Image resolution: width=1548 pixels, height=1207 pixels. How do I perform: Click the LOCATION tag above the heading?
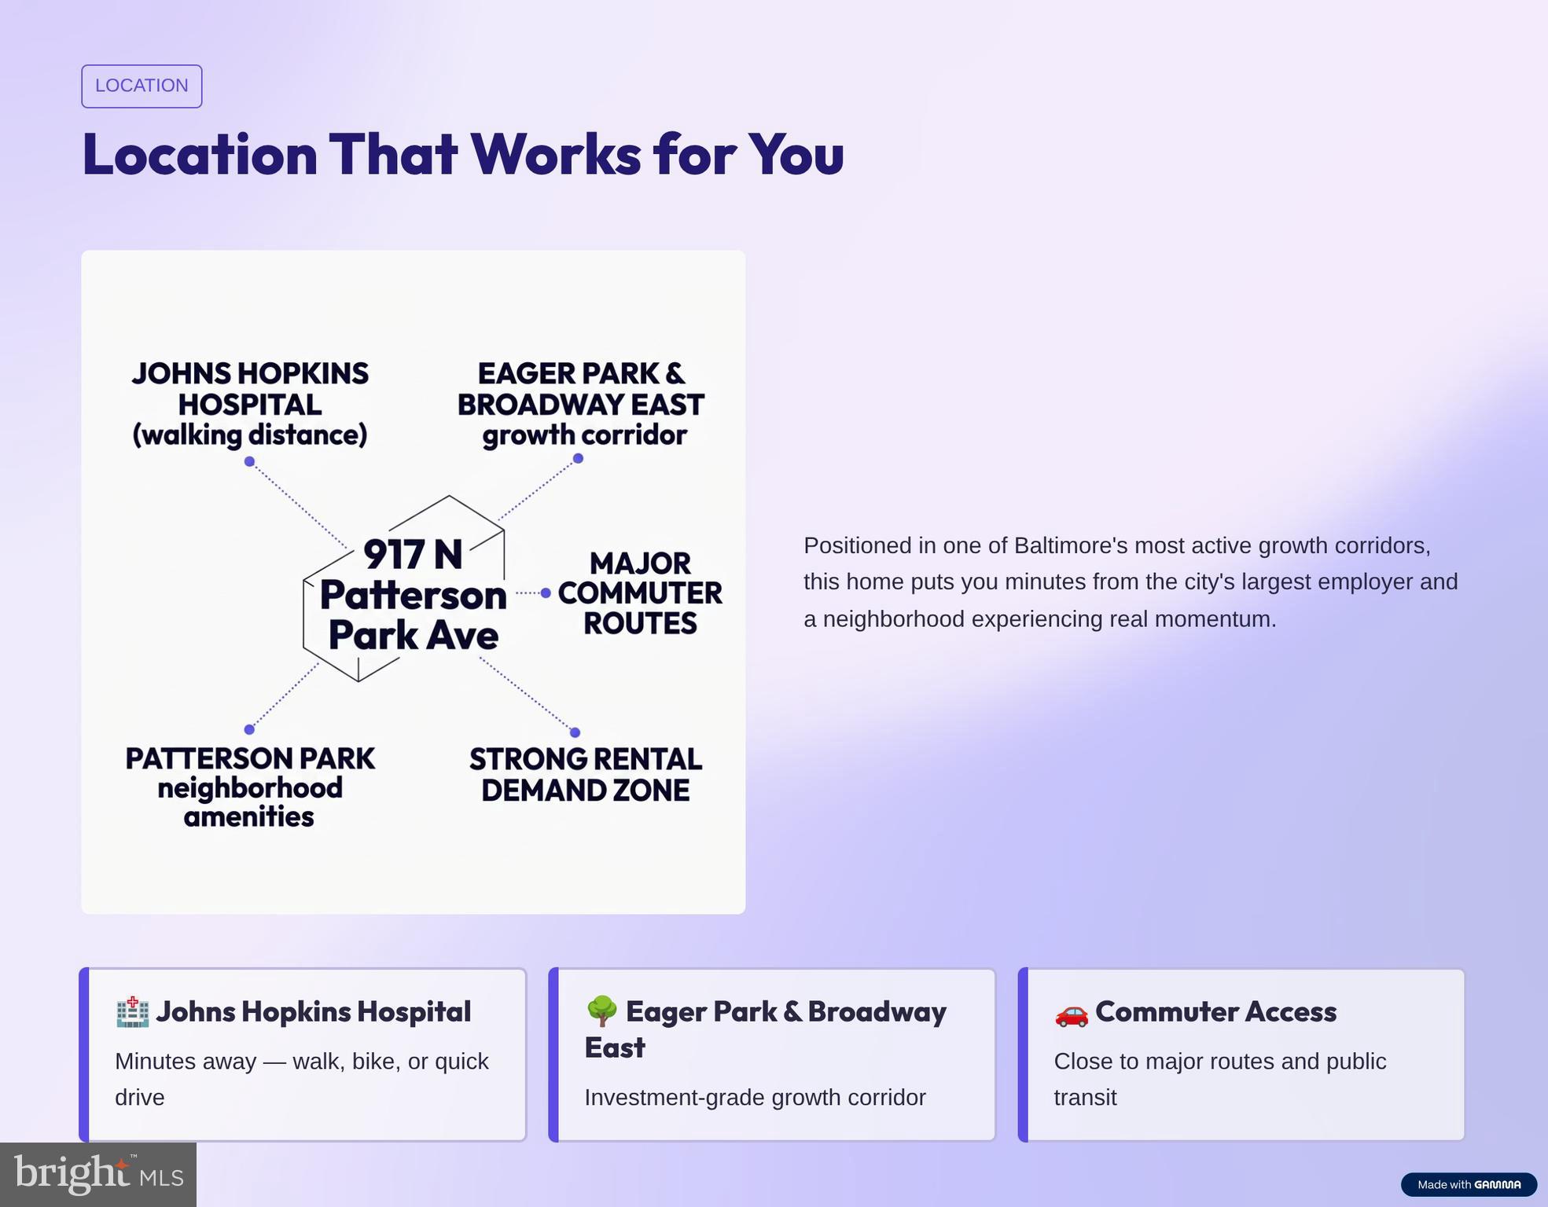pos(142,86)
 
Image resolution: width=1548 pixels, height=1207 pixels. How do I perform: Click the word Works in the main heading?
pos(555,154)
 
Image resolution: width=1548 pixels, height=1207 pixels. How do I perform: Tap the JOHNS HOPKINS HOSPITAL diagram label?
pos(250,404)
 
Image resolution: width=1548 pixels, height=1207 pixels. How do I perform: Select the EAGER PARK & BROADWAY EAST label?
pos(581,404)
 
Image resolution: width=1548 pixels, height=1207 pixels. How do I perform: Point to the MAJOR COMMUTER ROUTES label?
pos(640,593)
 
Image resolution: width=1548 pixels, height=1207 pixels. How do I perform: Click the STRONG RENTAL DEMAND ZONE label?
pos(586,775)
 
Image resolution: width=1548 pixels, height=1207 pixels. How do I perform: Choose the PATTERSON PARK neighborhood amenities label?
pos(250,787)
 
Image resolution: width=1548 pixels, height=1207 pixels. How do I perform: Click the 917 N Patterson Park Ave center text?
pos(414,594)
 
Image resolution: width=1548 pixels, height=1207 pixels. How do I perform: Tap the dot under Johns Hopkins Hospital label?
pos(249,461)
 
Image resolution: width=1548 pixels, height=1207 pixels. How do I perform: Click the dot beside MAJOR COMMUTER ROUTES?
pos(546,593)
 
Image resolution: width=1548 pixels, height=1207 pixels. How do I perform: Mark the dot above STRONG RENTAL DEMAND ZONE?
pos(575,732)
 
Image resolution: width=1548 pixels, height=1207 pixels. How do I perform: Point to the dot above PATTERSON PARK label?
pos(249,729)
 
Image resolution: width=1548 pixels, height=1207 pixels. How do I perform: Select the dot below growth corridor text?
pos(578,458)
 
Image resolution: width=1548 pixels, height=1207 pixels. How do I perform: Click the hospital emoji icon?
pos(132,1012)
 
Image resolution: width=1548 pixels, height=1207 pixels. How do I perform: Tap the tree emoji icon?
pos(601,1011)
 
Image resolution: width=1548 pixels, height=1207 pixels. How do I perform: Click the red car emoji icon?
pos(1072,1013)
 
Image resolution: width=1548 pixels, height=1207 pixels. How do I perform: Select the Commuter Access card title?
pos(1215,1012)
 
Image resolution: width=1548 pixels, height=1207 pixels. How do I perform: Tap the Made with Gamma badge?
pos(1469,1184)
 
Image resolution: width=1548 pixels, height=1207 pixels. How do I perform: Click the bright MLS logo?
pos(98,1175)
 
